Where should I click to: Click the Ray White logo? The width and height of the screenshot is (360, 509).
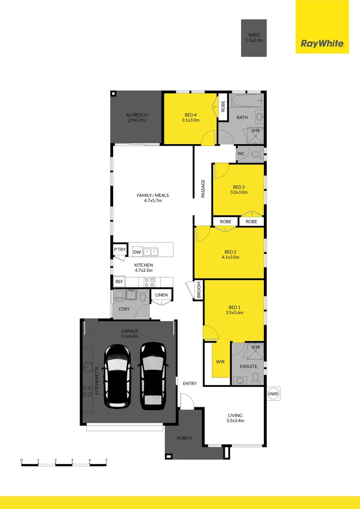322,44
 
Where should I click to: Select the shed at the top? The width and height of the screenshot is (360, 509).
254,38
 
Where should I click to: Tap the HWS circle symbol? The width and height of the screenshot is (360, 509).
273,394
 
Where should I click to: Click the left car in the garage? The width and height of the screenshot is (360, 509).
117,376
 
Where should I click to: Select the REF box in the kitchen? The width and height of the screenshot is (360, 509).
119,282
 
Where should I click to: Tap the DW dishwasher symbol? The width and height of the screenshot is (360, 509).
137,252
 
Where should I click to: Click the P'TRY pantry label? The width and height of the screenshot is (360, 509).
119,250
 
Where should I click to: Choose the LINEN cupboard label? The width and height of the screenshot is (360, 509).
161,295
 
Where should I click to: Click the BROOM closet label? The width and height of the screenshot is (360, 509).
198,290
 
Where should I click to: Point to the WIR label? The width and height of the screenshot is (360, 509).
220,361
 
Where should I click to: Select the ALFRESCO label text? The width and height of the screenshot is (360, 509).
137,115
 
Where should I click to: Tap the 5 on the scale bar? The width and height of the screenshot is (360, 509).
106,460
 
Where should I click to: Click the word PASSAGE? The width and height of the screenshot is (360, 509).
203,189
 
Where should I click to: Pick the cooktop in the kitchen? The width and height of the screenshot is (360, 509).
149,282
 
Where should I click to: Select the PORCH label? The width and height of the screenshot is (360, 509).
184,438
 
